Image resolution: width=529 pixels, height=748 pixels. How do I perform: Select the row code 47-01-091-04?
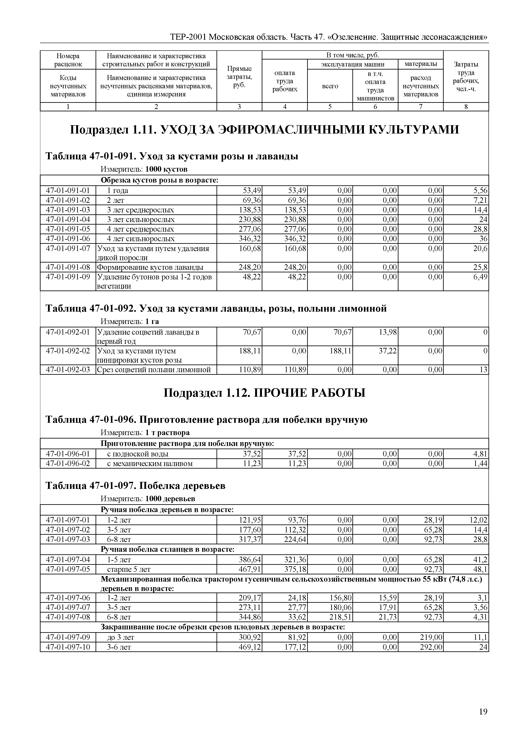(x=68, y=219)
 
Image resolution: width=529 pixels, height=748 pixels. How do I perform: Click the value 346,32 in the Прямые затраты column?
(x=250, y=239)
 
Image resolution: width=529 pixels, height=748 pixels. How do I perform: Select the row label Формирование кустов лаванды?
(x=150, y=267)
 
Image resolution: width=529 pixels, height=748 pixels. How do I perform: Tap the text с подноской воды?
(x=138, y=454)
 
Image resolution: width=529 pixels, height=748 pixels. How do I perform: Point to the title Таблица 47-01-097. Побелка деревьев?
(x=135, y=486)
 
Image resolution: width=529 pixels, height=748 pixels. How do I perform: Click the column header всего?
(x=330, y=86)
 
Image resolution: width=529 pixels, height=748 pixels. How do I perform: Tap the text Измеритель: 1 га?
(x=130, y=322)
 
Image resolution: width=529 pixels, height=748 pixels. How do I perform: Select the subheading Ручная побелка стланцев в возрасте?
(x=167, y=550)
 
